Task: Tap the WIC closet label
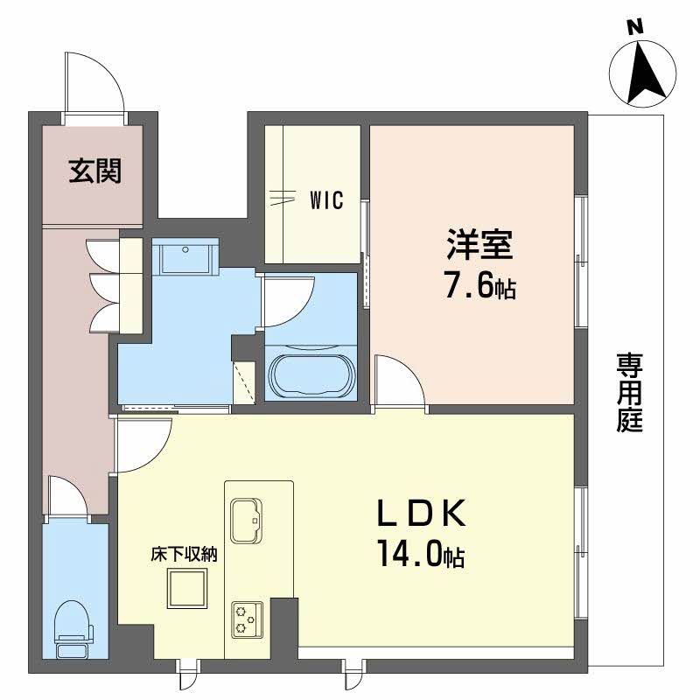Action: tap(325, 199)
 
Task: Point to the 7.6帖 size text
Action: tap(478, 286)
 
